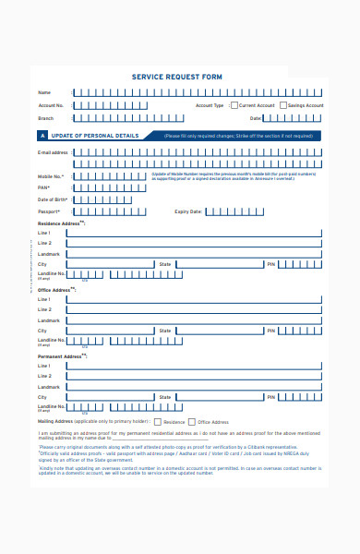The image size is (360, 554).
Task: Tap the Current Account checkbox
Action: (234, 105)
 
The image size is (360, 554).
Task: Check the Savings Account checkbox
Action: (283, 105)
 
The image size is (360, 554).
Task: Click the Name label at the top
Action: (43, 93)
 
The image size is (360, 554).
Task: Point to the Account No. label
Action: (51, 106)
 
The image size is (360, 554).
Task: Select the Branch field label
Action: (46, 118)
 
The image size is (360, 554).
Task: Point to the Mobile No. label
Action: (50, 176)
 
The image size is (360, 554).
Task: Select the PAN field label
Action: (43, 187)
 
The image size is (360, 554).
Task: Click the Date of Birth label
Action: (53, 199)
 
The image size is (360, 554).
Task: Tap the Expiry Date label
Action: (188, 211)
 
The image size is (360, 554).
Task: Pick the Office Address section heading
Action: (55, 290)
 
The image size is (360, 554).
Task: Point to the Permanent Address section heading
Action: (60, 355)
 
